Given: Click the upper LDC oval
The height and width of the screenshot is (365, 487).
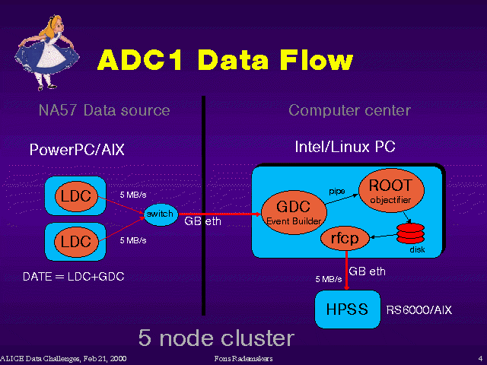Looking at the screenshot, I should tap(75, 196).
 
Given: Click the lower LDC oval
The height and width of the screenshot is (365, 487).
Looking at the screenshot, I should tap(75, 241).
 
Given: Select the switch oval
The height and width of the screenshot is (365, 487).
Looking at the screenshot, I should tap(160, 214).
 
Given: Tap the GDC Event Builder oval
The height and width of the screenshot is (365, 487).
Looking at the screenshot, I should tap(292, 211).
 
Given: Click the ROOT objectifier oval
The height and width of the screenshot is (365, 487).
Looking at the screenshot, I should tap(390, 191).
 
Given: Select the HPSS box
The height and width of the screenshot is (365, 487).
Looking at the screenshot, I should tap(348, 310).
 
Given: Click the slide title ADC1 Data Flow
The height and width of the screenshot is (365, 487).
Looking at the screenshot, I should tap(224, 60).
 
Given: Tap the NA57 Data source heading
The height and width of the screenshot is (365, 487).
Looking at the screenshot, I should tap(104, 111).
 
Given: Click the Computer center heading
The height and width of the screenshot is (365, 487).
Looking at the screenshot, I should tap(349, 111).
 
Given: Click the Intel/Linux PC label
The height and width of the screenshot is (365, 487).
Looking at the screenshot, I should tap(345, 146).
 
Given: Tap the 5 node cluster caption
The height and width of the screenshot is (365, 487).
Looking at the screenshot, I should tap(215, 337).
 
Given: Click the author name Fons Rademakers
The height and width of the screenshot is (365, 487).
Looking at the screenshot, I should tap(243, 357).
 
